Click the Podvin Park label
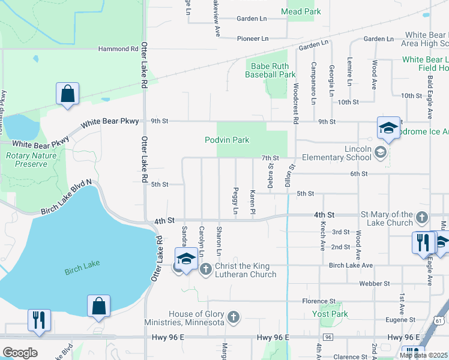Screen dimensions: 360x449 pos(226,140)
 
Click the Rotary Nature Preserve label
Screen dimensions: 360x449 pos(26,160)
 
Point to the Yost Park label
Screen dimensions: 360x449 pos(330,314)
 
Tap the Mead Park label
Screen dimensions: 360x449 pos(301,11)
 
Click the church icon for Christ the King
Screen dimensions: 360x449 pos(206,268)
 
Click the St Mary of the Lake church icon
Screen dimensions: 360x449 pos(422,217)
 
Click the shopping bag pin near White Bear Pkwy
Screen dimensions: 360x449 pos(67,94)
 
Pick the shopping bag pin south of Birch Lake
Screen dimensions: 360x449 pos(98,306)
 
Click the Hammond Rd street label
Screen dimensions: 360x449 pos(114,49)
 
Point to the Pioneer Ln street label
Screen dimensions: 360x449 pos(252,38)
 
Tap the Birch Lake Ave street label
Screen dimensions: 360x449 pos(351,265)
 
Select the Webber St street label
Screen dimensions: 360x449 pos(375,283)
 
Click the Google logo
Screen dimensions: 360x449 pos(20,352)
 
